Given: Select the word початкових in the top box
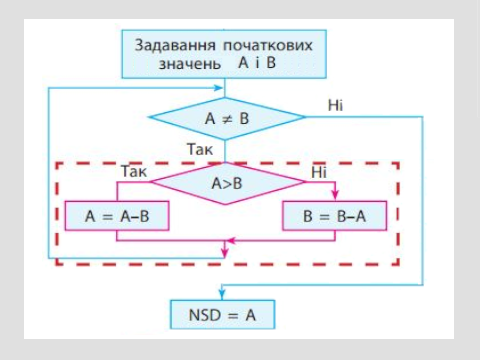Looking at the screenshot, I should tap(263, 46).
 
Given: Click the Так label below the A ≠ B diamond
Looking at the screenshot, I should tap(198, 150).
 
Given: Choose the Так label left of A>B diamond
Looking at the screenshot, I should tap(133, 172).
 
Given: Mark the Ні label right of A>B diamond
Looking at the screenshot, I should tap(319, 172).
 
